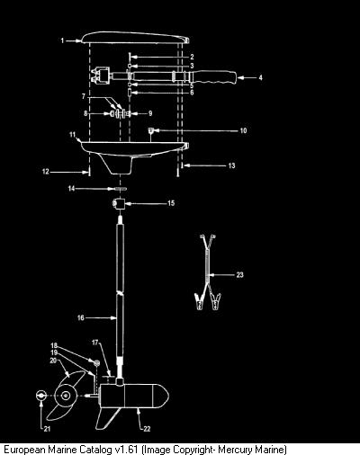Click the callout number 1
62,40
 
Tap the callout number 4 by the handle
260,77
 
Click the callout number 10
243,130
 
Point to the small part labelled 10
151,130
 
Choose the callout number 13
231,165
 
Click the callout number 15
171,203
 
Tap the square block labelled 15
120,204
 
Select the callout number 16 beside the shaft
81,317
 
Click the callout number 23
239,274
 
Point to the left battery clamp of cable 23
199,300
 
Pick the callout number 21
47,429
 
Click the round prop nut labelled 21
40,396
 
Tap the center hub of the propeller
66,396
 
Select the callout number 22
147,429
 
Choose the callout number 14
71,189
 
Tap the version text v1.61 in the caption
127,450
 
